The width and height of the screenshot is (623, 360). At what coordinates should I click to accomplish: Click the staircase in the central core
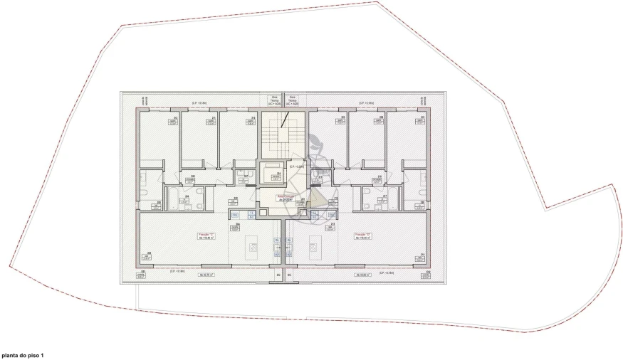click(x=283, y=134)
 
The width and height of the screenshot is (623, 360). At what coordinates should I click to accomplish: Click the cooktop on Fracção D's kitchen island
click(x=313, y=247)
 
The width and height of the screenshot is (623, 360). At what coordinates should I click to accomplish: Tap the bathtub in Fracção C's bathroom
click(x=174, y=196)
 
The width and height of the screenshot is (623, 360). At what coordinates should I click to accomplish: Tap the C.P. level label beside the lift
click(x=297, y=166)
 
